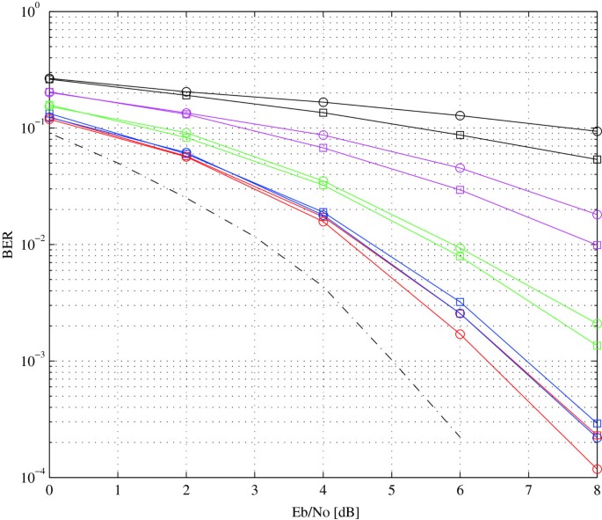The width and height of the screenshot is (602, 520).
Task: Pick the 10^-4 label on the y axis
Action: click(25, 478)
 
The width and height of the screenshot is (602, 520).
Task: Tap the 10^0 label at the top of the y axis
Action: click(27, 12)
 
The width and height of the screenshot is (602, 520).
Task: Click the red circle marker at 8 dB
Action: click(597, 469)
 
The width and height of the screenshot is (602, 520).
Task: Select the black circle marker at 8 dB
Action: click(597, 131)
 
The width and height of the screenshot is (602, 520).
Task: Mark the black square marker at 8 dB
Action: click(597, 159)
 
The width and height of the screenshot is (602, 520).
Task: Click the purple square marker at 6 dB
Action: click(460, 189)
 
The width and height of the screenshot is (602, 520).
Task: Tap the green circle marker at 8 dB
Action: click(597, 324)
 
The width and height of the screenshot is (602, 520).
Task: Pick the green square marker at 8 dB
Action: click(597, 346)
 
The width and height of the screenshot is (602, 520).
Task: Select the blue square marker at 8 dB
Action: click(597, 423)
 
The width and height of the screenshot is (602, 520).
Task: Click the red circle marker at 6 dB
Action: click(460, 333)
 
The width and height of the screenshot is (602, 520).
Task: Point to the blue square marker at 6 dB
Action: click(460, 303)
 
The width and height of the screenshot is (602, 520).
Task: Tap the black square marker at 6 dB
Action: click(460, 135)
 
